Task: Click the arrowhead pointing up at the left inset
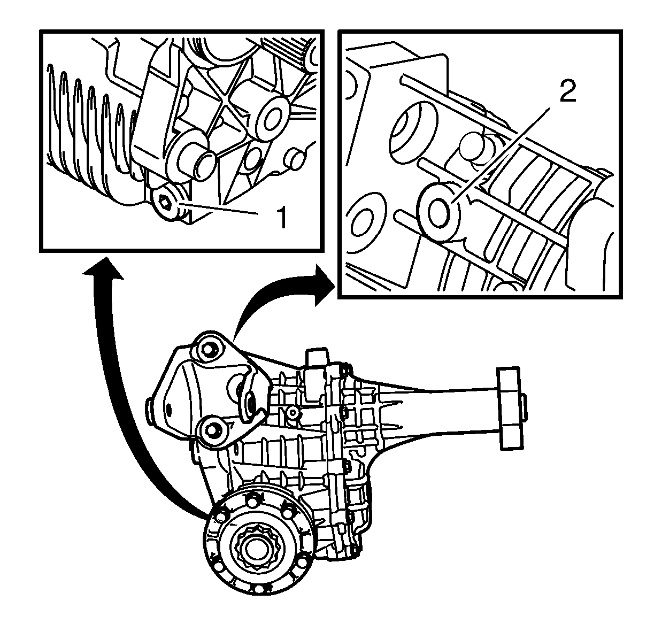tap(103, 268)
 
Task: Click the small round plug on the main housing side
tap(293, 412)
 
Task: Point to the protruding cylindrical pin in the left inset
tap(196, 163)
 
